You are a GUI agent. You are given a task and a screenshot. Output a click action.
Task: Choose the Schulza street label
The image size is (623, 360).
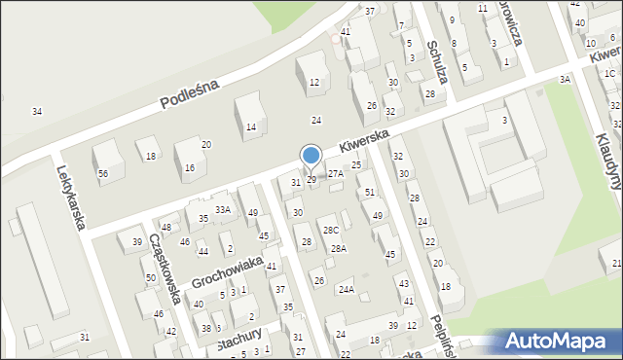tap(436, 61)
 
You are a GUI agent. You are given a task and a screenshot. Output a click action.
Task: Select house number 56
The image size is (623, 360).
tap(103, 173)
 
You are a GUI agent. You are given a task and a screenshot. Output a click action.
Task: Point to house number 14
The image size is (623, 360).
tap(251, 127)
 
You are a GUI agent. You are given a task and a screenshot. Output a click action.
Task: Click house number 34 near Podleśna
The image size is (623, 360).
tap(37, 112)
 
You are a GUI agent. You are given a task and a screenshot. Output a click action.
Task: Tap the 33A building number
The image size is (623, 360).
tap(223, 209)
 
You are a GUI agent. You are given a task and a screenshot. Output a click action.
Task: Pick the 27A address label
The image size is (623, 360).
tap(335, 173)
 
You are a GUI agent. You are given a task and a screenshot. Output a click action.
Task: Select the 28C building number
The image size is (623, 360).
tap(332, 231)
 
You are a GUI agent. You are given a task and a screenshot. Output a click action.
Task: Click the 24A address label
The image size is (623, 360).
tap(346, 290)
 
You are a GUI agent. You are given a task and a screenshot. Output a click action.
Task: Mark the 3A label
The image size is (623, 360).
tap(565, 80)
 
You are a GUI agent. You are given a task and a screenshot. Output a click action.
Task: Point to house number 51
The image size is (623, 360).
tap(369, 193)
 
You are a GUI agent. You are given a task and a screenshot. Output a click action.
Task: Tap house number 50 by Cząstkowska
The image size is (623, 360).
tap(150, 278)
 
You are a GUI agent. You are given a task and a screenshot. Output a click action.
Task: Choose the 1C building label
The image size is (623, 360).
tap(609, 74)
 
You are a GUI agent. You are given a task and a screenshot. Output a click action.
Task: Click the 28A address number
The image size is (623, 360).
tap(338, 249)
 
